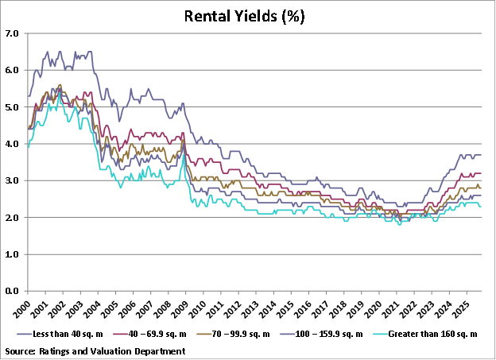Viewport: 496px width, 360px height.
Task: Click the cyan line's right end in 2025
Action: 479,207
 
